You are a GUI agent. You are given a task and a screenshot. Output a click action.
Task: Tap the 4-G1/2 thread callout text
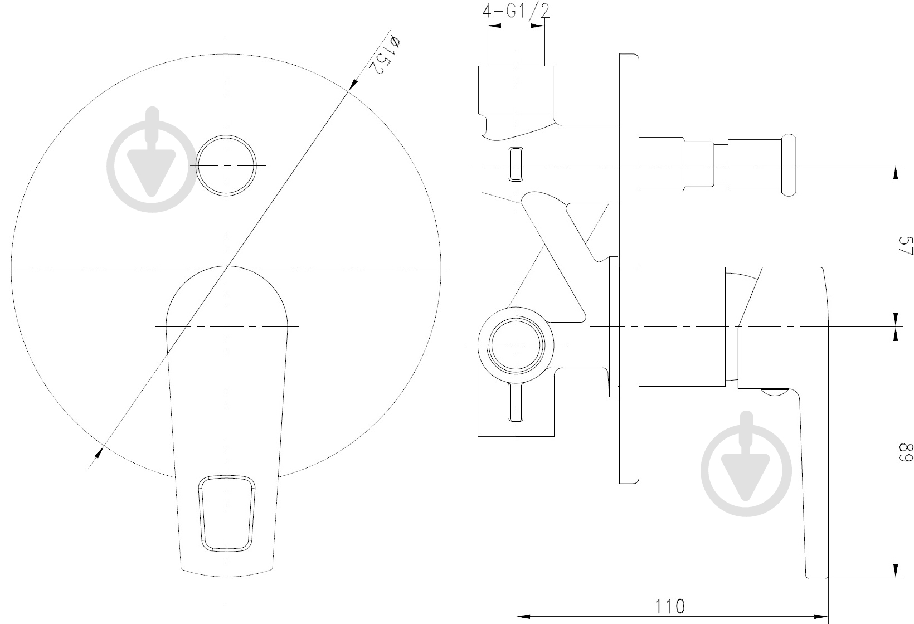(x=516, y=11)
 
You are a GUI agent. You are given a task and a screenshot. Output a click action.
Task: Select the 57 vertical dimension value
(x=905, y=246)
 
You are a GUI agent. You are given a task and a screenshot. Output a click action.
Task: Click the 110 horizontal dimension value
(x=669, y=607)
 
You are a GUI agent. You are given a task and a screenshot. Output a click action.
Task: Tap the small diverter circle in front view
(x=226, y=165)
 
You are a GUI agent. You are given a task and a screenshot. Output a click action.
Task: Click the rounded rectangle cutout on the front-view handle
(x=227, y=513)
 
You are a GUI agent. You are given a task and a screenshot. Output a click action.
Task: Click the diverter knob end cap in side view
(x=789, y=165)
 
